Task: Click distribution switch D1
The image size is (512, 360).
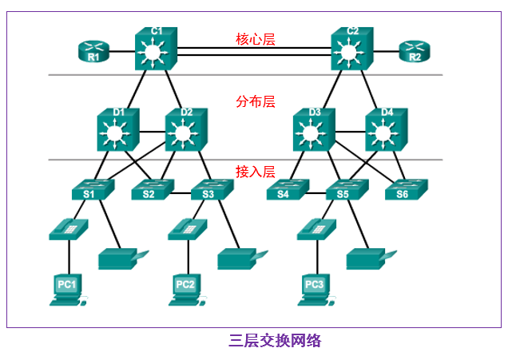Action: [118, 129]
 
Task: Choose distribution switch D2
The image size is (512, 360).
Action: [186, 129]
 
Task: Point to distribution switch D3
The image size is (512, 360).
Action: [315, 129]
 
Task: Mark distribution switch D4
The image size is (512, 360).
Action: [387, 129]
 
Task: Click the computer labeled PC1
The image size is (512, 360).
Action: [67, 289]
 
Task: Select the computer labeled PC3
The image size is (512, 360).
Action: [315, 289]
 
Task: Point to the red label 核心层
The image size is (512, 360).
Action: [255, 39]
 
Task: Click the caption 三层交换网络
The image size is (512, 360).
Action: [275, 341]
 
